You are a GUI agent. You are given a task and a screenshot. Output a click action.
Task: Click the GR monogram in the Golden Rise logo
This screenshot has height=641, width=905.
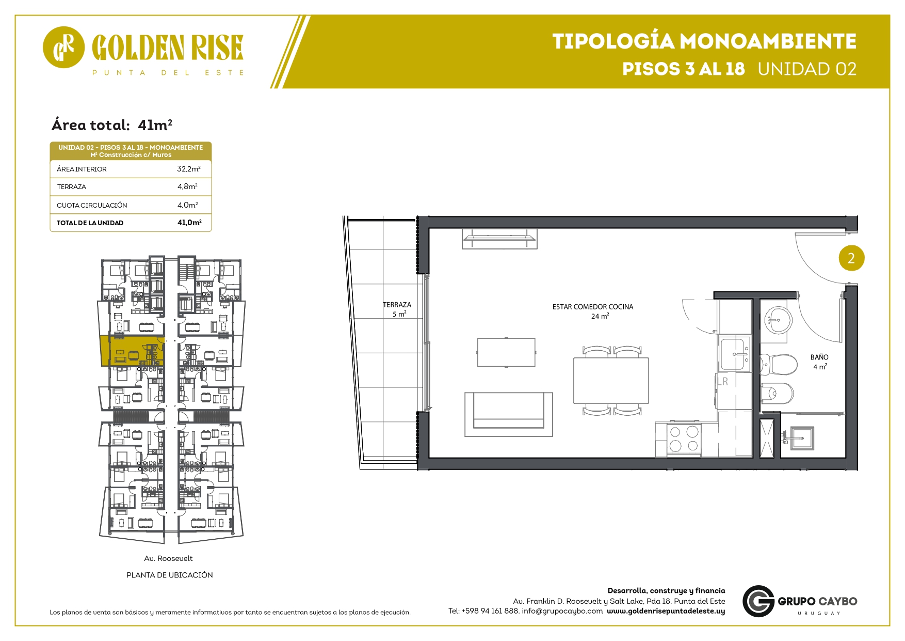pyautogui.click(x=63, y=48)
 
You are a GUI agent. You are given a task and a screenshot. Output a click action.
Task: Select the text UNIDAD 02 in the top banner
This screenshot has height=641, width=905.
pyautogui.click(x=807, y=69)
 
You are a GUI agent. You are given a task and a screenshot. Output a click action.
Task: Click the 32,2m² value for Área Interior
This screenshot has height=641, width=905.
pyautogui.click(x=189, y=169)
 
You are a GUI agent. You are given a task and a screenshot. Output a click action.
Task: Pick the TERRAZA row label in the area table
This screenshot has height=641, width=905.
pyautogui.click(x=72, y=187)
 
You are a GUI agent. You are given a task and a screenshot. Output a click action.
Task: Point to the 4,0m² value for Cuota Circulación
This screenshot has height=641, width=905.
pyautogui.click(x=188, y=205)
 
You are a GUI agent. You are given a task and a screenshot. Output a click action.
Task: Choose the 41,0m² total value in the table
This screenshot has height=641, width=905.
pyautogui.click(x=189, y=223)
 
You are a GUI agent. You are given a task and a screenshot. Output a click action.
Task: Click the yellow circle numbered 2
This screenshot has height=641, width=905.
pyautogui.click(x=851, y=258)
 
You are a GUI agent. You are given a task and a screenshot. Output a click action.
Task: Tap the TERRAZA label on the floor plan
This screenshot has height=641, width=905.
pyautogui.click(x=397, y=305)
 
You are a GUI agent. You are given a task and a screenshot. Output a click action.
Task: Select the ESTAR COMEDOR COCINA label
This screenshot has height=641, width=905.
pyautogui.click(x=593, y=307)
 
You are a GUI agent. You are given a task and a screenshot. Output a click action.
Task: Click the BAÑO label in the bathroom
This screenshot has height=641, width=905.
pyautogui.click(x=819, y=357)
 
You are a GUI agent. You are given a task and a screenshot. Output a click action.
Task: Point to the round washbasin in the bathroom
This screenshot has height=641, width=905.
pyautogui.click(x=778, y=320)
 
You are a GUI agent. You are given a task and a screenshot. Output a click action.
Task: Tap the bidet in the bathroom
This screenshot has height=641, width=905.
pyautogui.click(x=777, y=394)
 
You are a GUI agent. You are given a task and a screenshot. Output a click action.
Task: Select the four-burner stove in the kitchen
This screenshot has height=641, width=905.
pyautogui.click(x=684, y=439)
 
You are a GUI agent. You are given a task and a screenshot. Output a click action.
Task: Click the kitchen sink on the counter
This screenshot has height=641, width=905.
pyautogui.click(x=735, y=354)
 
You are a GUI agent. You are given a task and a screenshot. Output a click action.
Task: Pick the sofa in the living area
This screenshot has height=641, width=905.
pyautogui.click(x=509, y=414)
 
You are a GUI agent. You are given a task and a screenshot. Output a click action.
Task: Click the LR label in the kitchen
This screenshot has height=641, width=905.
pyautogui.click(x=722, y=381)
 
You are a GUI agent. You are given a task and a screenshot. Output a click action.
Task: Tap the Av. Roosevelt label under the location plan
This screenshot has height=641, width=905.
pyautogui.click(x=168, y=558)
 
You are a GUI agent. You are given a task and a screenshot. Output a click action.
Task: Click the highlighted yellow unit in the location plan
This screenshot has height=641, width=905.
pyautogui.click(x=132, y=351)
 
